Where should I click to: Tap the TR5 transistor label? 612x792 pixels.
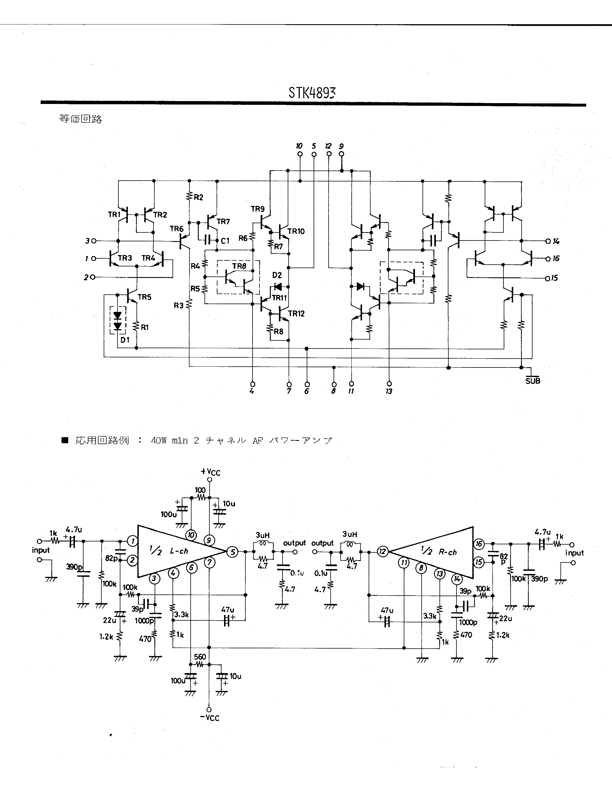point(144,297)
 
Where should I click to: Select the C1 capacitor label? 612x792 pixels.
point(225,241)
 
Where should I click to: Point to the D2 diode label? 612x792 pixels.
point(277,275)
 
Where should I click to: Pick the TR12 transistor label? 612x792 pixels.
point(296,313)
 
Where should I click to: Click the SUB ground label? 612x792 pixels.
point(533,381)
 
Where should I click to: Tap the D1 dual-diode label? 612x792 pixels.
point(125,340)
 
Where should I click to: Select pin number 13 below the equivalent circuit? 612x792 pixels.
point(389,391)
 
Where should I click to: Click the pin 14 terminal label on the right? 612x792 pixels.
point(556,241)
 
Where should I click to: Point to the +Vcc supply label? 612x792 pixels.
point(211,472)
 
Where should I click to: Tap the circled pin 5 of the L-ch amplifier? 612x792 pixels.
point(232,552)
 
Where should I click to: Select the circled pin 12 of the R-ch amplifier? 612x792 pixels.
point(382,552)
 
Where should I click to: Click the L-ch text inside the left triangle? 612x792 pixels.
point(179,551)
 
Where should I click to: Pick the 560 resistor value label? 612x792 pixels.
point(200,657)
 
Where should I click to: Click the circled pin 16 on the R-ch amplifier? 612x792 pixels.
point(479,543)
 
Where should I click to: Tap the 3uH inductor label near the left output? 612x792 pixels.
point(262,535)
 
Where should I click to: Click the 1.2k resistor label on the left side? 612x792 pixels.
point(106,636)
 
